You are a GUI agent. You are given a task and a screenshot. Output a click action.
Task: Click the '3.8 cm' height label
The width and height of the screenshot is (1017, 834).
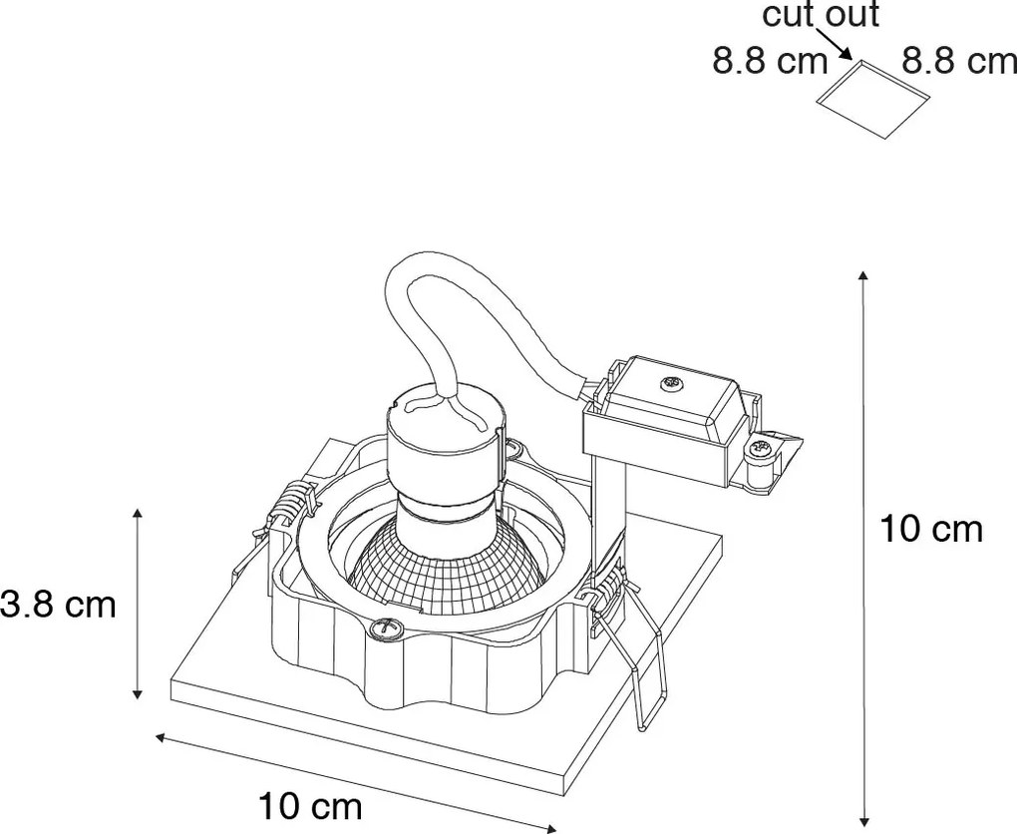click(58, 605)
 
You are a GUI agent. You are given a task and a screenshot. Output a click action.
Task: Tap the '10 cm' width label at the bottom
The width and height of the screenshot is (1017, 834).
click(310, 807)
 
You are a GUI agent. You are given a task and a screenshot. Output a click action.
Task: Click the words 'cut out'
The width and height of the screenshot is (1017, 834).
click(821, 15)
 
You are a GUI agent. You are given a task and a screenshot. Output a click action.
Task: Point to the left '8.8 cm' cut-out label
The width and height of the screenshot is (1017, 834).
click(771, 62)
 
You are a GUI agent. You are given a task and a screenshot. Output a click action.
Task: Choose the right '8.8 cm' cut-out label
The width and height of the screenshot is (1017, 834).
click(959, 62)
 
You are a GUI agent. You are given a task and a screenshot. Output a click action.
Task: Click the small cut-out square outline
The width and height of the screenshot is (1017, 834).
click(873, 99)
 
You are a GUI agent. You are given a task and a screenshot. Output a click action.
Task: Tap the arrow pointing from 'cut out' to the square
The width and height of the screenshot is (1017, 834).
click(835, 44)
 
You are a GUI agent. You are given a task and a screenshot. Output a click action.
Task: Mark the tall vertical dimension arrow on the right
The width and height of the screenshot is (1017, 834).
click(863, 546)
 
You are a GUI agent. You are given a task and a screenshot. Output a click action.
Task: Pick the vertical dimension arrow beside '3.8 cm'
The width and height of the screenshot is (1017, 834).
click(137, 605)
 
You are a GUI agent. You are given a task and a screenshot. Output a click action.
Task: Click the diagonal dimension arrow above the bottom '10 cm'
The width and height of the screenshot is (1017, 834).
click(355, 782)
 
